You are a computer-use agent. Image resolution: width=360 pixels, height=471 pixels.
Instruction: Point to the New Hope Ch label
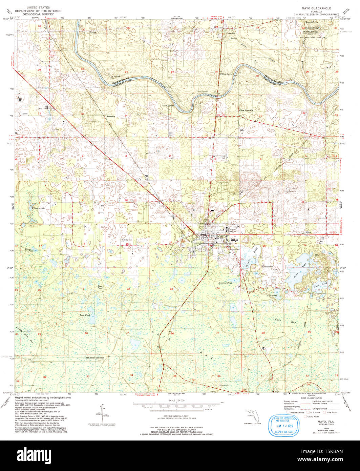click(x=246, y=110)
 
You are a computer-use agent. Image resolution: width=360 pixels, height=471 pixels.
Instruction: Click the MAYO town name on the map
click(x=219, y=237)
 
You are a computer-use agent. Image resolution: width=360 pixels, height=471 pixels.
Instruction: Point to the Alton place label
click(x=308, y=232)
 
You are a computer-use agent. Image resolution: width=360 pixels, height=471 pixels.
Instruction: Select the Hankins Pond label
click(x=225, y=283)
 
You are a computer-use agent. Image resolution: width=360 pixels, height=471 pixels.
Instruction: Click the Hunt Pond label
click(x=272, y=295)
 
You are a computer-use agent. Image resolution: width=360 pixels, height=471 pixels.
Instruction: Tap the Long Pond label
click(x=85, y=315)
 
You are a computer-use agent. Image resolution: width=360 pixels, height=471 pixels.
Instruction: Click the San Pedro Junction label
click(x=94, y=358)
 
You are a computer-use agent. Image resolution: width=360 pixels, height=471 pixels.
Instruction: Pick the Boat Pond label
click(x=100, y=287)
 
